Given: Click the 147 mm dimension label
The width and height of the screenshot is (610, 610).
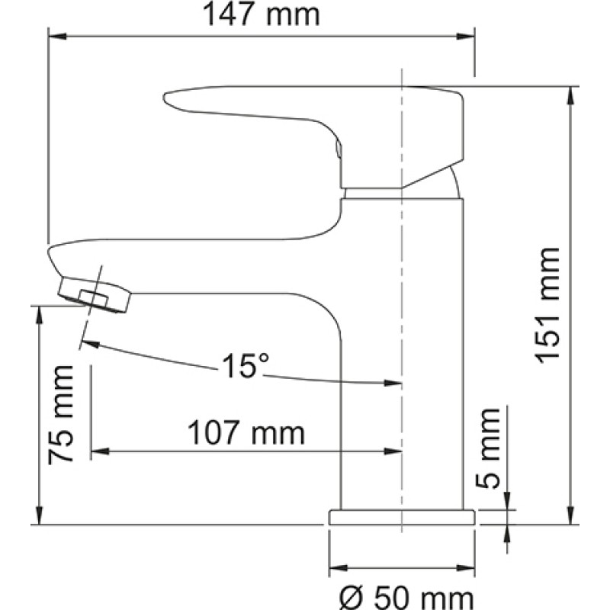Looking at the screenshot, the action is (x=261, y=14).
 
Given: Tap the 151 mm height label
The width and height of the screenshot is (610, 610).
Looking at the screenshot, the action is (x=547, y=306).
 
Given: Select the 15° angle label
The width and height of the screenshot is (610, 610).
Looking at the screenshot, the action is (x=245, y=366).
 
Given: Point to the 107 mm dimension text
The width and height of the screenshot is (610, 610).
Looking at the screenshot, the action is (x=246, y=432).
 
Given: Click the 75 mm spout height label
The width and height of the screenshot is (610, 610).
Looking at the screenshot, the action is (x=61, y=415).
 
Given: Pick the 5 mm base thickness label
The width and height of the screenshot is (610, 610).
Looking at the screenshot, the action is (x=487, y=448).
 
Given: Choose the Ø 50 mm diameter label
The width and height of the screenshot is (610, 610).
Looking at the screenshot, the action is (x=406, y=599).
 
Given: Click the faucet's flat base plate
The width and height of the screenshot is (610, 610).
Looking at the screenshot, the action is (x=402, y=517).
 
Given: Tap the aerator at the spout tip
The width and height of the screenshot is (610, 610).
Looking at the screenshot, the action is (x=95, y=294).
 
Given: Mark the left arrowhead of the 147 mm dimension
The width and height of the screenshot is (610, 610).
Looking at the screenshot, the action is (x=56, y=37).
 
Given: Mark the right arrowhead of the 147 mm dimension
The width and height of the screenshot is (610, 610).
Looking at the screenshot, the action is (x=465, y=37).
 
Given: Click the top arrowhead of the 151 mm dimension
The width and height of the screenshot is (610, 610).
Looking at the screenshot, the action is (x=570, y=95).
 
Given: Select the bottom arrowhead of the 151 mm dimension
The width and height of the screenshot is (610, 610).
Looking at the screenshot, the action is (x=570, y=515).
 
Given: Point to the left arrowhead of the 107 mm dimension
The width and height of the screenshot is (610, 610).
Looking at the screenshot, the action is (x=100, y=451).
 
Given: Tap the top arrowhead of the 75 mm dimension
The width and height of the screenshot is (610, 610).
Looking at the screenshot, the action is (x=39, y=316).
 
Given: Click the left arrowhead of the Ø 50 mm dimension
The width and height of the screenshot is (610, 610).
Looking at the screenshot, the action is (x=338, y=568).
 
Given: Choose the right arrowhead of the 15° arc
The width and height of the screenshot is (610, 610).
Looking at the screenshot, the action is (x=393, y=383).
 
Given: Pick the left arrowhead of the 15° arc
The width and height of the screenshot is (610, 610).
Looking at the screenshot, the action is (x=91, y=345).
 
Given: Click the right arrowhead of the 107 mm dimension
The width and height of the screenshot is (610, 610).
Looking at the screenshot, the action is (x=393, y=451).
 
